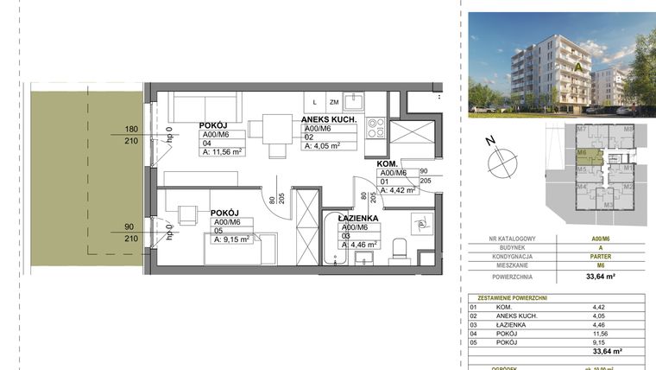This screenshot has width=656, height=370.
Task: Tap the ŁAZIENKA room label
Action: click(359, 220)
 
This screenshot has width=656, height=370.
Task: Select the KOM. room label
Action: click(386, 163)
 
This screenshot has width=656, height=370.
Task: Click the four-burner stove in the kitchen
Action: click(375, 128)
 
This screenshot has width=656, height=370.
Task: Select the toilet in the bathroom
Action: click(398, 251)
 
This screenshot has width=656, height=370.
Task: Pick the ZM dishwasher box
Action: click(333, 102)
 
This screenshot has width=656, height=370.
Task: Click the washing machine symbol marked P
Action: click(421, 222)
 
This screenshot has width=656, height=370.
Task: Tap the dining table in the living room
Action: click(263, 129)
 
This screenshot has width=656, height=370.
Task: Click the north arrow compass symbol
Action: click(501, 160)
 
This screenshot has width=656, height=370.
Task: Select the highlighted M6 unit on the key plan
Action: click(583, 156)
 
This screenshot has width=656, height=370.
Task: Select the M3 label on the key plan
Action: click(609, 204)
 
